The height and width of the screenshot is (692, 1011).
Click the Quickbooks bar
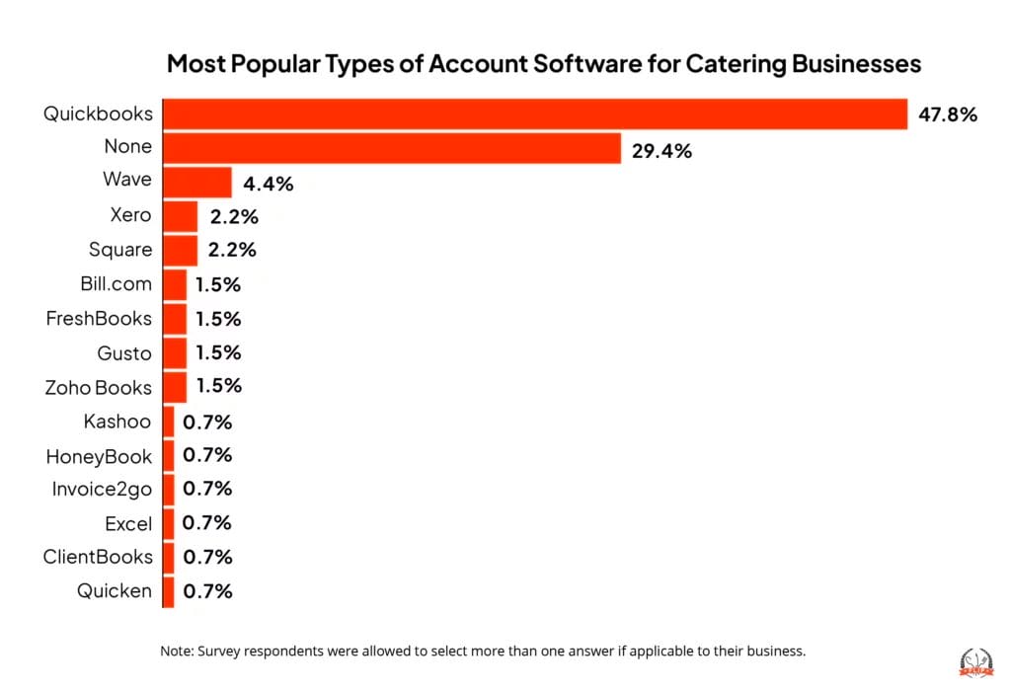(534, 114)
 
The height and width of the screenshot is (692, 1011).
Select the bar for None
(391, 148)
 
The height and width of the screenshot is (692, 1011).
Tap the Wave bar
(196, 183)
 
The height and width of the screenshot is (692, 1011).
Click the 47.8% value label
(947, 115)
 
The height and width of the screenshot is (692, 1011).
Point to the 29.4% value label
(661, 151)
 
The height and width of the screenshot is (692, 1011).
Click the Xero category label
(130, 214)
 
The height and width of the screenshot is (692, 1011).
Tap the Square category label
(120, 249)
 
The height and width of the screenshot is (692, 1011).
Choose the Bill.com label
(116, 283)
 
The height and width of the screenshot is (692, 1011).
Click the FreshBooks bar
(174, 319)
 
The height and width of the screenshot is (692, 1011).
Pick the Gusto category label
(124, 352)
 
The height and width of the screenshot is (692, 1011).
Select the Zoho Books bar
(174, 387)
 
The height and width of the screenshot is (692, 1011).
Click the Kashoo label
(117, 422)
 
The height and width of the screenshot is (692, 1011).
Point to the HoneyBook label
(99, 456)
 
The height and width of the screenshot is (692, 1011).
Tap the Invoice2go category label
(102, 489)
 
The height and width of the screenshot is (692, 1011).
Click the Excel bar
(168, 523)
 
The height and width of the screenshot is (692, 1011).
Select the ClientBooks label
(98, 557)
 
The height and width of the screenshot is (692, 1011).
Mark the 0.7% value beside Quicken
(207, 591)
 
